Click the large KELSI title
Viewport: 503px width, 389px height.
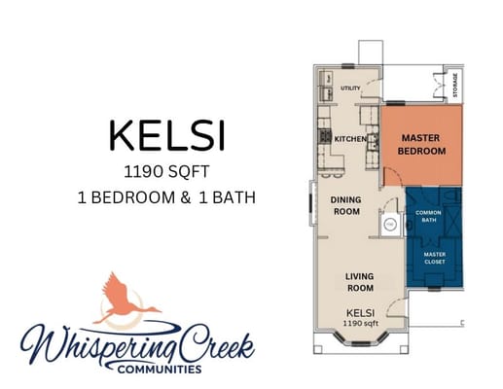[167, 135]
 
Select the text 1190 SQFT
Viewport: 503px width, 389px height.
[166, 172]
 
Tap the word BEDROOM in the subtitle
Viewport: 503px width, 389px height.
[133, 197]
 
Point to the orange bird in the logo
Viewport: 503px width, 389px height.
[125, 300]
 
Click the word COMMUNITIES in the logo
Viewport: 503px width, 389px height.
[160, 369]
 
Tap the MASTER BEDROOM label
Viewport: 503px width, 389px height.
[421, 145]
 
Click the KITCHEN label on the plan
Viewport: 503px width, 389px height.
[350, 139]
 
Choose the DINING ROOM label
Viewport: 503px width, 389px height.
[346, 206]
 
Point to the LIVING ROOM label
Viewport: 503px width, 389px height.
[360, 282]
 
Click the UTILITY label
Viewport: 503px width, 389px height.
[350, 88]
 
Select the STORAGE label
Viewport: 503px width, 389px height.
[455, 85]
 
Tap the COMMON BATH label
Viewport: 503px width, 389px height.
[428, 216]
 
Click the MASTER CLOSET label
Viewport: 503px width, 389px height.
[435, 258]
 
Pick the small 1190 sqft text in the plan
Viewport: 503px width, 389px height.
[361, 323]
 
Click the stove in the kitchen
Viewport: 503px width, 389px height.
[325, 136]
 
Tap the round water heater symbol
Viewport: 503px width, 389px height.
[391, 225]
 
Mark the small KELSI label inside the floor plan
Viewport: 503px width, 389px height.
[361, 313]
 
